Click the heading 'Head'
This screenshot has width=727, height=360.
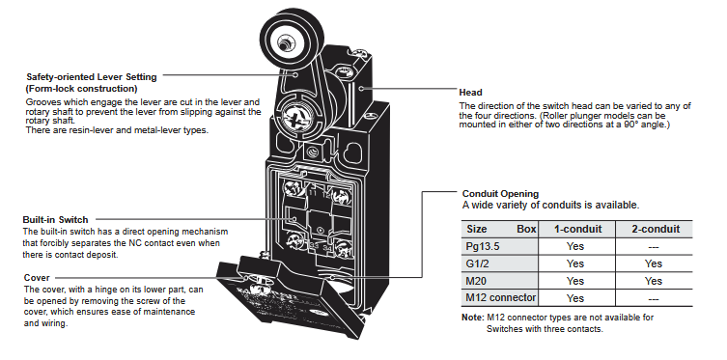coord(471,93)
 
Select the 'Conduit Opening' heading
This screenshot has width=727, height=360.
coord(501,193)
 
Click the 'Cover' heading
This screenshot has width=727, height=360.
coord(38,277)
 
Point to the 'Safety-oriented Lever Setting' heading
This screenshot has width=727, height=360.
coord(92,77)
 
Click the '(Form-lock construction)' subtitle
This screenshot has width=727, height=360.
coord(82,89)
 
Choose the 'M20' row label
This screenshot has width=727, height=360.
coord(478,281)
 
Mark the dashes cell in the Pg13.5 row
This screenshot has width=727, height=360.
coord(653,246)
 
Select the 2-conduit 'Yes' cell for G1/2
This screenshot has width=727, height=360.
coord(653,263)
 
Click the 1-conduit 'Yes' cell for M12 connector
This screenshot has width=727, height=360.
coord(575,297)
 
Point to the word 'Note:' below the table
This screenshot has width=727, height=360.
coord(473,317)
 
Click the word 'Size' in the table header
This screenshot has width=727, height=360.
coord(477,230)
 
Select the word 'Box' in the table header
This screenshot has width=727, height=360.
coord(526,230)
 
